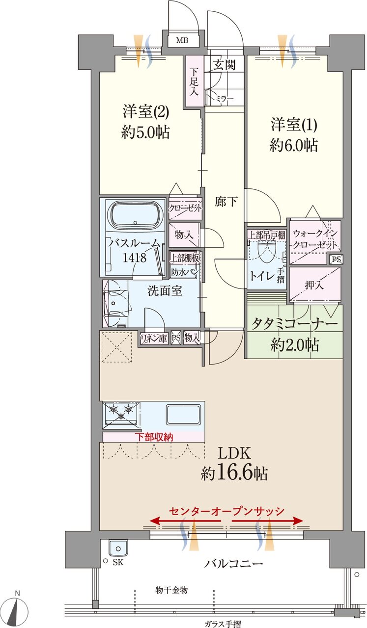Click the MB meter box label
[182, 40]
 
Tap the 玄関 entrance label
[224, 65]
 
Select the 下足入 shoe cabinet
[194, 81]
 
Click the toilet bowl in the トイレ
[266, 250]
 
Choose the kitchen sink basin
[183, 415]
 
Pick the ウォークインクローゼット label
[315, 238]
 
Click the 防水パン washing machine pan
[185, 272]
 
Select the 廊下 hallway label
[226, 202]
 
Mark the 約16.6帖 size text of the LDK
[234, 473]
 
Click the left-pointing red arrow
[185, 521]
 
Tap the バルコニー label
[233, 563]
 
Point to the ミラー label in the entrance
[225, 99]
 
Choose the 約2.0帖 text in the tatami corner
[295, 345]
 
